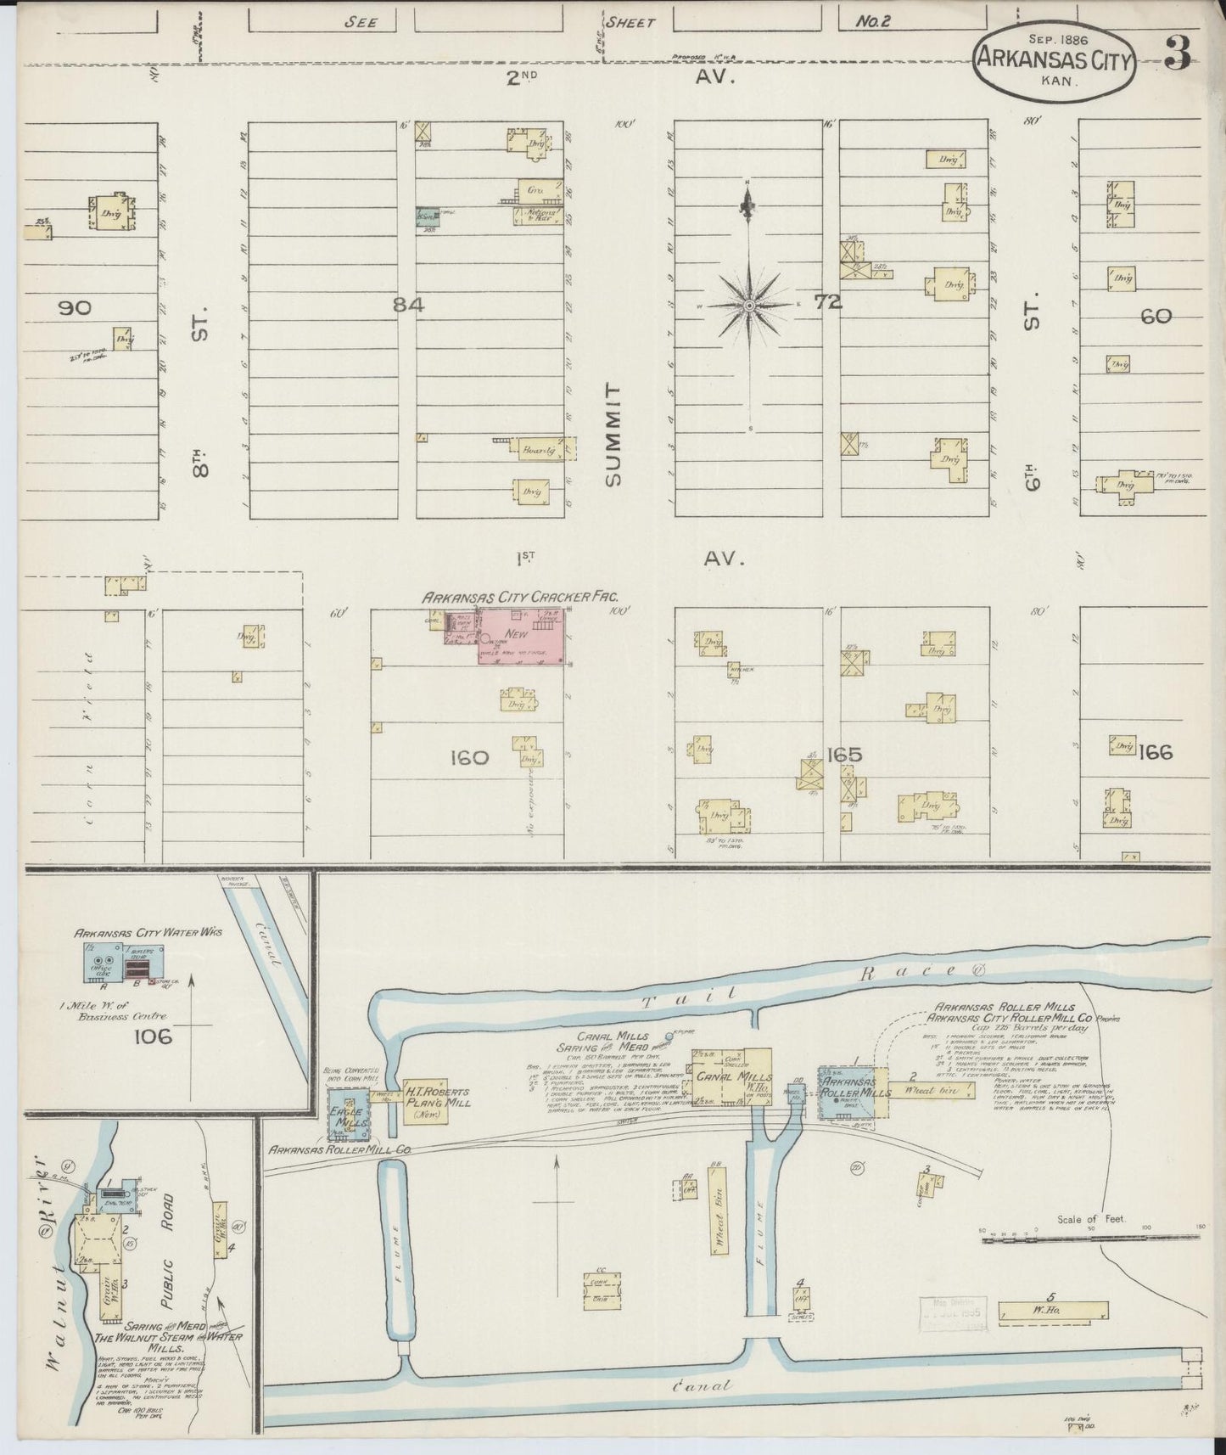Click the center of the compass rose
(750, 304)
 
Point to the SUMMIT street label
(613, 434)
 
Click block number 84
(408, 304)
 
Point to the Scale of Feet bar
(1090, 1239)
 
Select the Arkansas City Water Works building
(119, 964)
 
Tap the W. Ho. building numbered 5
(1053, 1335)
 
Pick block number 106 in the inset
(152, 1036)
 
